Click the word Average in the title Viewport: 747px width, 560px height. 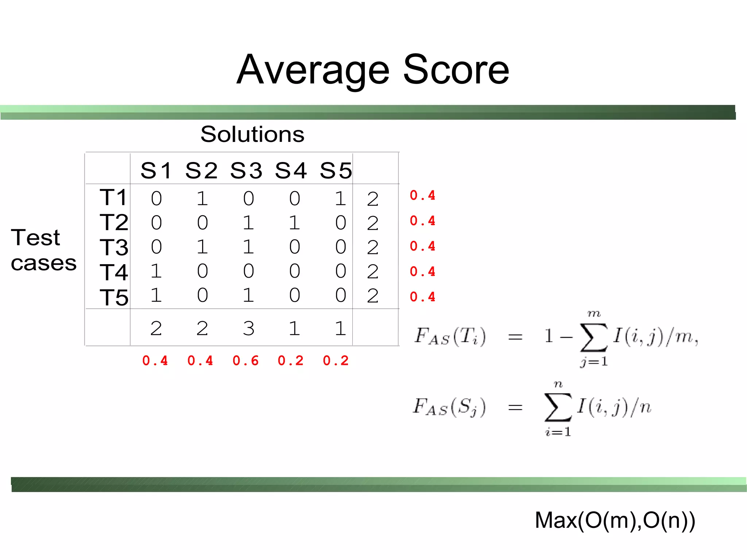point(313,70)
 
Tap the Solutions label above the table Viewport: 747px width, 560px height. point(252,134)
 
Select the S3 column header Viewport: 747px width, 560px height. point(246,170)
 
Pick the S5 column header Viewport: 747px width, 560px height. point(336,170)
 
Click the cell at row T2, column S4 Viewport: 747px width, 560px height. point(294,223)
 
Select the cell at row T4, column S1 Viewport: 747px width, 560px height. point(156,271)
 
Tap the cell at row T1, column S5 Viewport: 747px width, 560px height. point(340,198)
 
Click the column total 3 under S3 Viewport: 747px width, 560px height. point(248,328)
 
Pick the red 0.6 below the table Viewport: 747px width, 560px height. point(245,361)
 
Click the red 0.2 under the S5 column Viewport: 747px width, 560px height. point(336,361)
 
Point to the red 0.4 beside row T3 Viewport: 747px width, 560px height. point(422,246)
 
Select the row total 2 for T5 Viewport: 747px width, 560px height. point(372,296)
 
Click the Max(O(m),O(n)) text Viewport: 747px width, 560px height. point(615,520)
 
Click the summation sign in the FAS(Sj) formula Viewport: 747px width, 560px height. point(557,407)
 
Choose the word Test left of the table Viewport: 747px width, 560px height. point(35,237)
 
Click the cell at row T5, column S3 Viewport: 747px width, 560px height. point(248,295)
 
